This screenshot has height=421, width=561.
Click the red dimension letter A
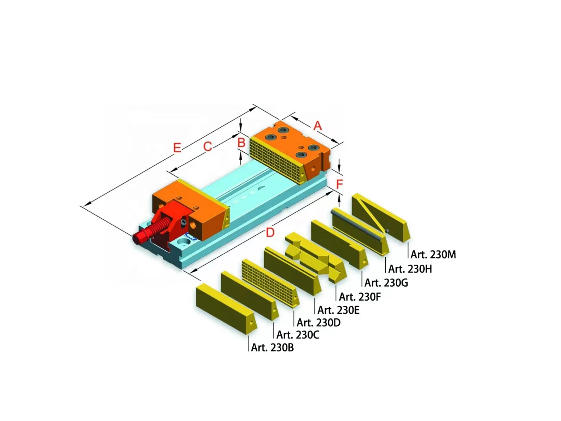click(317, 126)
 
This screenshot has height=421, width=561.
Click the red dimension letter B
click(241, 142)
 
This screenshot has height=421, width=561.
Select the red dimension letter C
click(207, 147)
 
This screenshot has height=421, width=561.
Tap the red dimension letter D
click(270, 232)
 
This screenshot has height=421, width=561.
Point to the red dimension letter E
click(177, 148)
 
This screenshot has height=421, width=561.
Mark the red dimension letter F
click(339, 184)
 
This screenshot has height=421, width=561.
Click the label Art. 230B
click(272, 347)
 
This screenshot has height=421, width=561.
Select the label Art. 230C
click(298, 335)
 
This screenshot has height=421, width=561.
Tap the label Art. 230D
click(318, 322)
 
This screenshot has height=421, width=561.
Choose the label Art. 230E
click(338, 310)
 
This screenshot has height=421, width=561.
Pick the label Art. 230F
click(360, 297)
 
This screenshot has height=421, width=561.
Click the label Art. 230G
click(386, 283)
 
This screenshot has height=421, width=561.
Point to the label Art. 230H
click(410, 269)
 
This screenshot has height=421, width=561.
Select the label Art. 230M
click(433, 254)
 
